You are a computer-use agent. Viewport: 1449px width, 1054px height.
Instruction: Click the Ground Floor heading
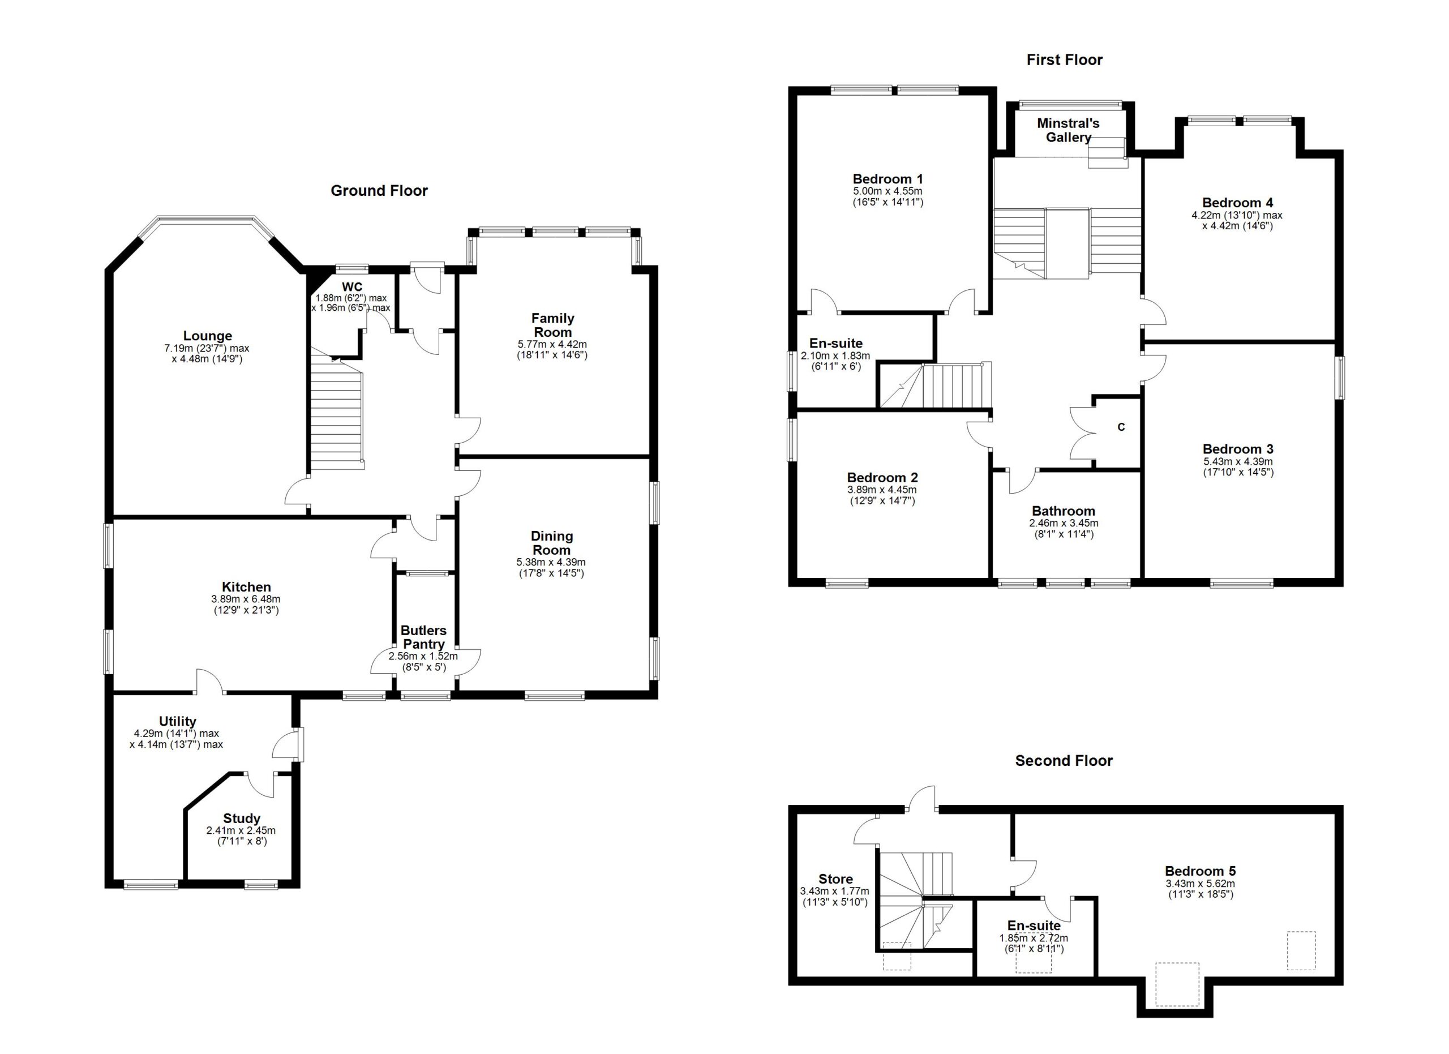tap(379, 190)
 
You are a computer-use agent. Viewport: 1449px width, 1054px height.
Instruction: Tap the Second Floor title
tap(1064, 760)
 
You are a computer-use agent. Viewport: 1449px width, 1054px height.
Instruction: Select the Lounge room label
tap(207, 335)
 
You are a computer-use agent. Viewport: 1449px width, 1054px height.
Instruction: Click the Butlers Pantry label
tap(423, 637)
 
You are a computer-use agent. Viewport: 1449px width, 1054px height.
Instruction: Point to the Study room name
tap(242, 819)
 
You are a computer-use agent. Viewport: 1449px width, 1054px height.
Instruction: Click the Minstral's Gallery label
tap(1068, 130)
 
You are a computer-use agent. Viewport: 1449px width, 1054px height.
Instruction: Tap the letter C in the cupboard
tap(1121, 427)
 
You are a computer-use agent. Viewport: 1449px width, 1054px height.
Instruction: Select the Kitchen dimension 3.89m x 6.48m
tap(246, 599)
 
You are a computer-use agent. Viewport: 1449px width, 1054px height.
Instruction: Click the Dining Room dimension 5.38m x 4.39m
tap(551, 562)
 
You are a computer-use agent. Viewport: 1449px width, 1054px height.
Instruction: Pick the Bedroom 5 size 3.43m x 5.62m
tap(1200, 884)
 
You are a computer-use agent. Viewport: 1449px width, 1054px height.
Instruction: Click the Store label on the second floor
tap(835, 879)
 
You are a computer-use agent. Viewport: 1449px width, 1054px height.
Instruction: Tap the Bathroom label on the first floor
tap(1063, 511)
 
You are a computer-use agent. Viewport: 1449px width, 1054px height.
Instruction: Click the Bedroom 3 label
tap(1237, 448)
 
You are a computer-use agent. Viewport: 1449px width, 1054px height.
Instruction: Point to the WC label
tap(352, 286)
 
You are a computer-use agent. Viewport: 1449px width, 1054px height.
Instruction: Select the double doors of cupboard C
tap(1083, 434)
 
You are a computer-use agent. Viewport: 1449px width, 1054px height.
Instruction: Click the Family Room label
tap(552, 324)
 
